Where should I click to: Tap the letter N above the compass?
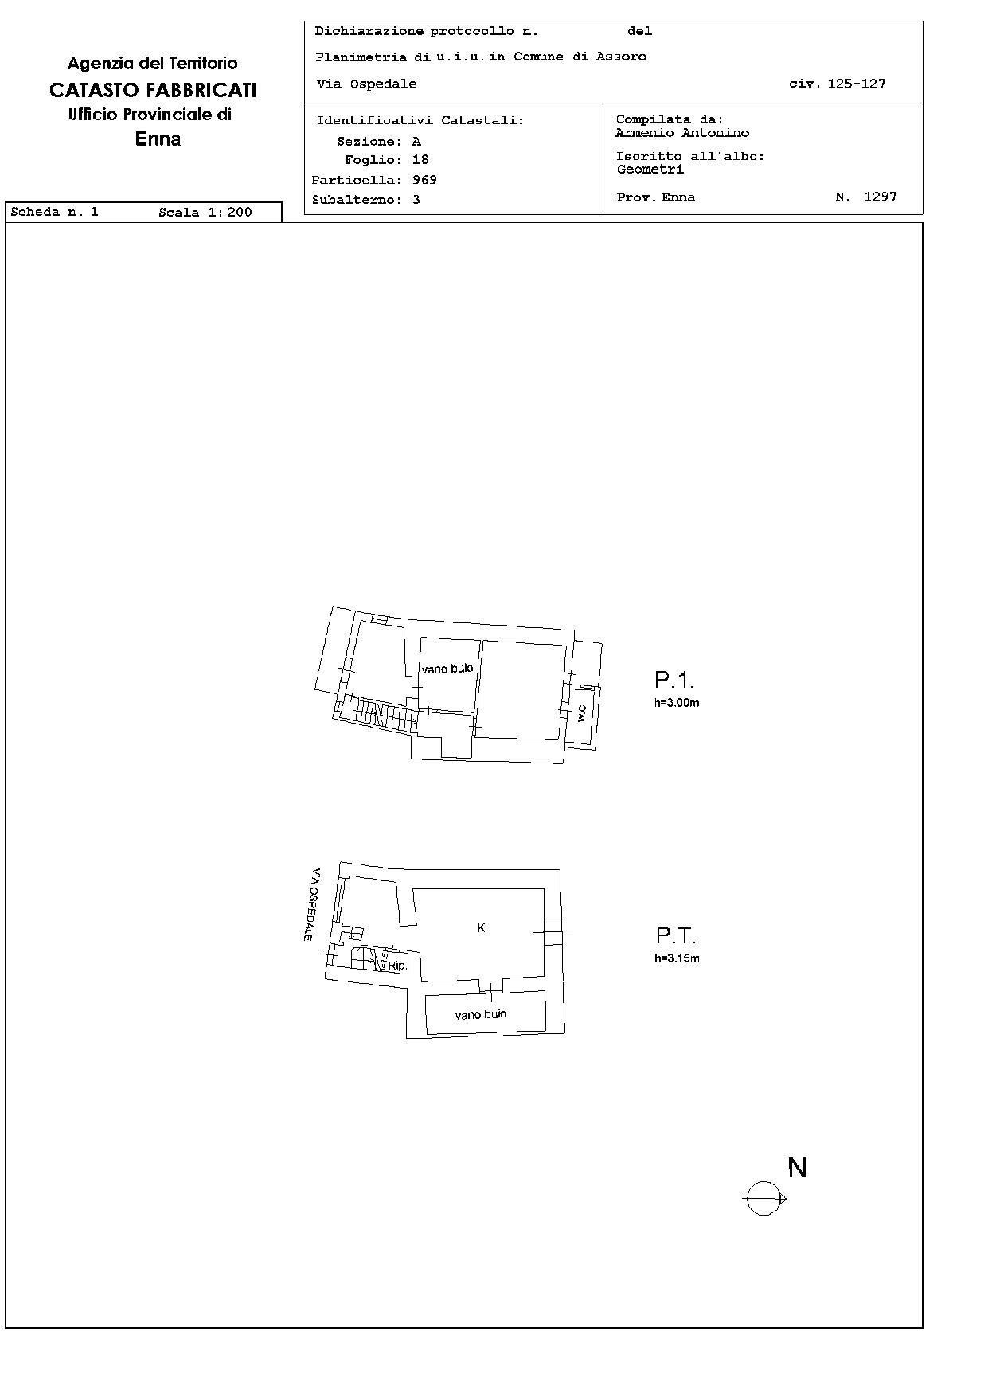point(797,1168)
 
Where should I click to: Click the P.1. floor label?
point(674,680)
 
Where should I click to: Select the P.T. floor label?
point(675,935)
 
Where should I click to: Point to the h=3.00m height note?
point(677,703)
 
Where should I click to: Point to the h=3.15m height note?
point(677,958)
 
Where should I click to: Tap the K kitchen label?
point(481,927)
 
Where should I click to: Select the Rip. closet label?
point(396,966)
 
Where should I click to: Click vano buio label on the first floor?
point(447,669)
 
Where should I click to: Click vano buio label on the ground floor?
point(481,1014)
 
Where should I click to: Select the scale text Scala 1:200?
point(205,212)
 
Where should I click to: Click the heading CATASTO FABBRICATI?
point(153,90)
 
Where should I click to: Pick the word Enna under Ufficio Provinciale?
point(158,139)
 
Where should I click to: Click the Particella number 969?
point(424,180)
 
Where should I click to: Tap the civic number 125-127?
point(857,84)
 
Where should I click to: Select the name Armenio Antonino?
point(682,133)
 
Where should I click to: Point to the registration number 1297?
point(881,196)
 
